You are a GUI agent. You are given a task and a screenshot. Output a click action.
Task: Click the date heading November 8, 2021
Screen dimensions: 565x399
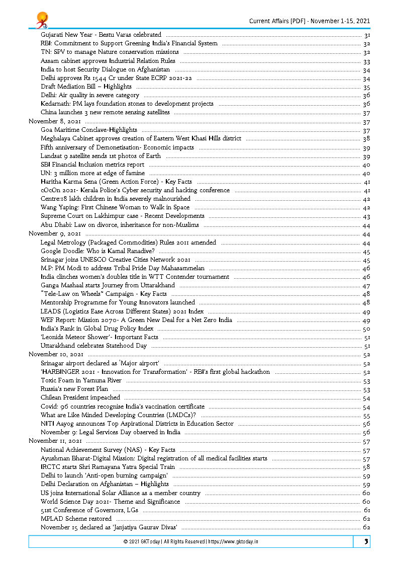[55, 122]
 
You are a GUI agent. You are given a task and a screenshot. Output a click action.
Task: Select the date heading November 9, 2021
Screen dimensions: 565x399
[55, 233]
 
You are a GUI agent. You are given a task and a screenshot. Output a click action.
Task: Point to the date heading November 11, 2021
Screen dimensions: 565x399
[55, 441]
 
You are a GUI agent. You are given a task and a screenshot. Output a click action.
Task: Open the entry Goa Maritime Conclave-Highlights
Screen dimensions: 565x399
[89, 130]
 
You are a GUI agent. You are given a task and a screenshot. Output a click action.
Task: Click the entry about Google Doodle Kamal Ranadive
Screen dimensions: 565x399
[97, 251]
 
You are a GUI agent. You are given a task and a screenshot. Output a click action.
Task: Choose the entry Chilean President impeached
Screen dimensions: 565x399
[80, 397]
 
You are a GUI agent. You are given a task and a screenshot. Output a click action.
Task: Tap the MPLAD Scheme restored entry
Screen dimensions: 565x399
[76, 518]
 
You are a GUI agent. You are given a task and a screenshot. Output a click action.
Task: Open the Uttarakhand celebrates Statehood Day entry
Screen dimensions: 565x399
[93, 346]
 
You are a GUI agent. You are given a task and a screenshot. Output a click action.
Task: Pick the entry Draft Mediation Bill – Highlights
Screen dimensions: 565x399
[86, 87]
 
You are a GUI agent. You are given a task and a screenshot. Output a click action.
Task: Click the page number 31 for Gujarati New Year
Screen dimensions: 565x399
[367, 35]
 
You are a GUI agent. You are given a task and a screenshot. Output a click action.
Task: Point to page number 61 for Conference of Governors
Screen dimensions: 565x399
[367, 510]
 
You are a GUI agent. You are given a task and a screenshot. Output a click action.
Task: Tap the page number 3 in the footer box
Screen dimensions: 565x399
[366, 542]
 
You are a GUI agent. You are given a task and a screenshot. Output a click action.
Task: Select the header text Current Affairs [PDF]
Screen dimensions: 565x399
[278, 21]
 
